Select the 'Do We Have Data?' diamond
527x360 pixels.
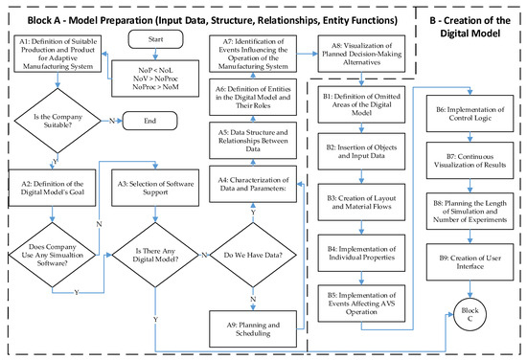coord(252,255)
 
